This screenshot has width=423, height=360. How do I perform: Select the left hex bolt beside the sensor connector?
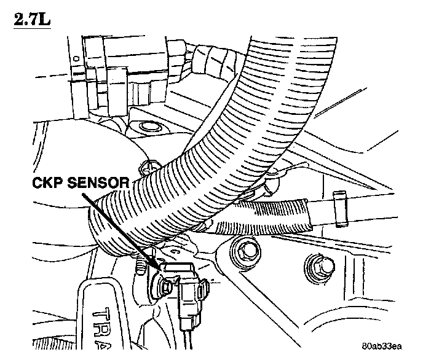click(x=247, y=250)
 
